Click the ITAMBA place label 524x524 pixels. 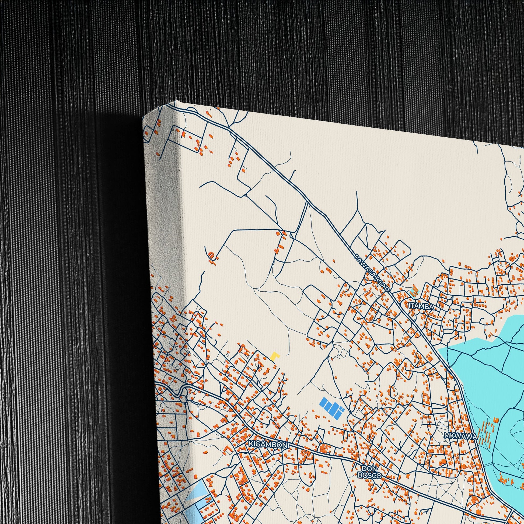421,306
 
